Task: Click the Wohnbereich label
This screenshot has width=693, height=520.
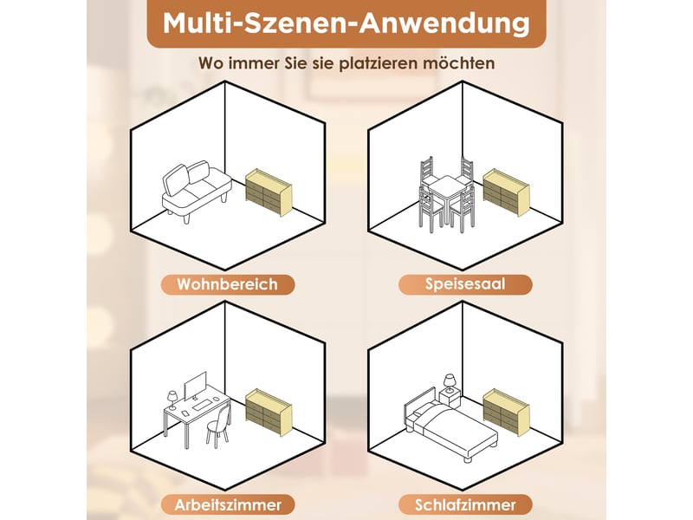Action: pyautogui.click(x=228, y=284)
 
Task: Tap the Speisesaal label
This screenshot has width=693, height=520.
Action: pyautogui.click(x=465, y=284)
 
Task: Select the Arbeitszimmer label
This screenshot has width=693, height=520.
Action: pyautogui.click(x=228, y=504)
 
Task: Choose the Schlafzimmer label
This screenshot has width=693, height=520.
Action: pyautogui.click(x=465, y=504)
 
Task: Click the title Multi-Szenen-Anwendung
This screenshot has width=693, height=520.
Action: pyautogui.click(x=346, y=23)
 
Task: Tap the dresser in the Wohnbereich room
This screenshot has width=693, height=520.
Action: pyautogui.click(x=269, y=192)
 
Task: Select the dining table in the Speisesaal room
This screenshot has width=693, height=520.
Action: pyautogui.click(x=447, y=194)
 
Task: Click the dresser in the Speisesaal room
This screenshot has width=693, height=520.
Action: pyautogui.click(x=506, y=192)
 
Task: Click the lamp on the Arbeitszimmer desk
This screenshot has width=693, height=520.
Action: pyautogui.click(x=172, y=400)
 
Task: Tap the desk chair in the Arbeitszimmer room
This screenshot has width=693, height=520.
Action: pyautogui.click(x=219, y=426)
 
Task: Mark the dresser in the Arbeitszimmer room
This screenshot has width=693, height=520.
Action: pyautogui.click(x=269, y=413)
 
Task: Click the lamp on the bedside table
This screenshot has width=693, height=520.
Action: pyautogui.click(x=450, y=383)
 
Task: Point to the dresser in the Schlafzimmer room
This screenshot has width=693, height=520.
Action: pyautogui.click(x=506, y=413)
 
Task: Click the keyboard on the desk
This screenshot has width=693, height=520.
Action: pyautogui.click(x=202, y=405)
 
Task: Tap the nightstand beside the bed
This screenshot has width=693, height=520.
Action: pyautogui.click(x=450, y=399)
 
